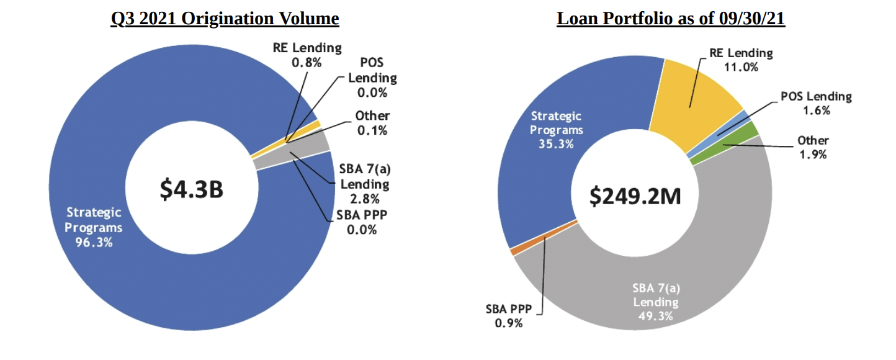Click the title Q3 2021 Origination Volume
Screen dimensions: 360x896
225,19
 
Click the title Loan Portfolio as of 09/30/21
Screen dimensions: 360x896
671,19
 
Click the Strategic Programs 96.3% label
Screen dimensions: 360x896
94,228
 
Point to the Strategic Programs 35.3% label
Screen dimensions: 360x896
557,130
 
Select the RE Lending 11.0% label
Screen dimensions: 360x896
741,60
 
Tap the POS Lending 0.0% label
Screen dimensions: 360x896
372,78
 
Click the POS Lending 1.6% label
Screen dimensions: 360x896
815,103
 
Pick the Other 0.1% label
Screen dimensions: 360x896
372,123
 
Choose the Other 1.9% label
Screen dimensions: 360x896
813,147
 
